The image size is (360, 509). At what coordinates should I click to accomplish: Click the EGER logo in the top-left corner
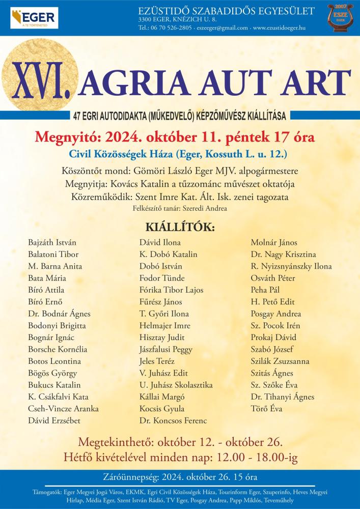[x=35, y=19]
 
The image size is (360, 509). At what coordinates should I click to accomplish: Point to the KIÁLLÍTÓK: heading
[x=180, y=226]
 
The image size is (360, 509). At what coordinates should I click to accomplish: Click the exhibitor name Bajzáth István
[x=52, y=243]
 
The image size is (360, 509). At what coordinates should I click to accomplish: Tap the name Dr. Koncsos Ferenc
[x=173, y=420]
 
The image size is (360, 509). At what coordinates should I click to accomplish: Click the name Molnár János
[x=274, y=243]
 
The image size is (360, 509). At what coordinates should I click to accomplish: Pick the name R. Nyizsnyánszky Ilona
[x=291, y=266]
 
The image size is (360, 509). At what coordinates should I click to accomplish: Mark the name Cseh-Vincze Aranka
[x=64, y=409]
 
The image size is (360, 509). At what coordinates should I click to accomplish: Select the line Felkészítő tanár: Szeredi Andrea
[x=180, y=208]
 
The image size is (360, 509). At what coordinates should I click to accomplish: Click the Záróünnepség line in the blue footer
[x=180, y=478]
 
